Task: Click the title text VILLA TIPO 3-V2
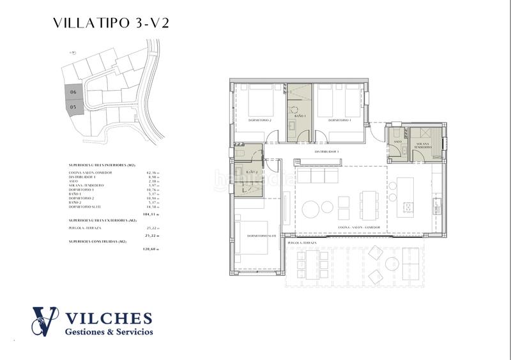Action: pyautogui.click(x=111, y=24)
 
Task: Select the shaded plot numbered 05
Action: pyautogui.click(x=74, y=108)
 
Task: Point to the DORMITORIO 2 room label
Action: pyautogui.click(x=260, y=120)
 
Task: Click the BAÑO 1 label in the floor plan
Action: pyautogui.click(x=300, y=116)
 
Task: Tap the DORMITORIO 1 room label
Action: pyautogui.click(x=340, y=120)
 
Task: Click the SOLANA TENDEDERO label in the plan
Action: pyautogui.click(x=420, y=146)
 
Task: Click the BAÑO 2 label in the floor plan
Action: pyautogui.click(x=251, y=172)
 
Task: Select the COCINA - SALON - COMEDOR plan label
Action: pyautogui.click(x=360, y=228)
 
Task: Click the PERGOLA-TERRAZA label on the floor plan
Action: pyautogui.click(x=302, y=244)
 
